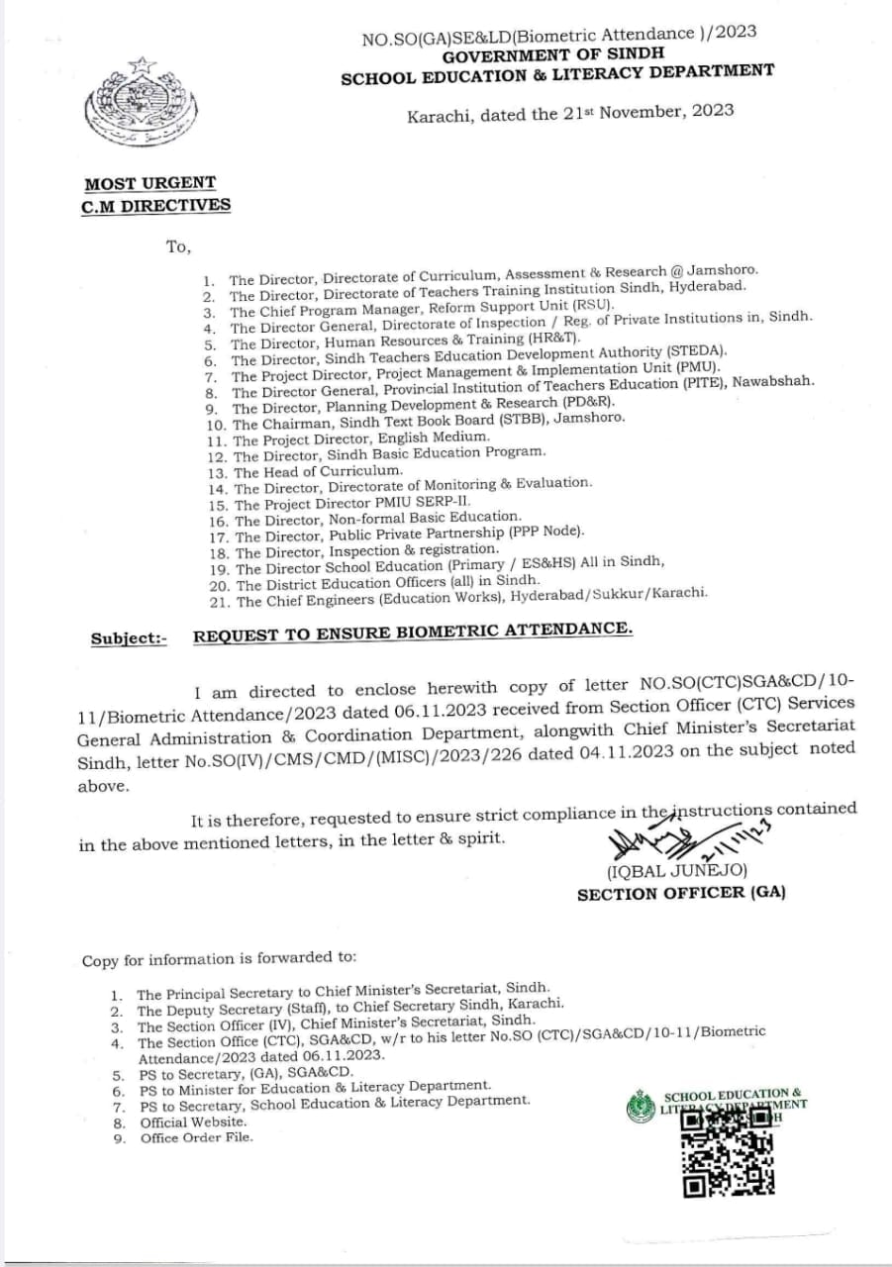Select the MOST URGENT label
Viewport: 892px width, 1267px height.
(149, 183)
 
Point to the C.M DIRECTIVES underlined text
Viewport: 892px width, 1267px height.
(156, 206)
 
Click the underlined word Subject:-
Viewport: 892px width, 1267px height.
(129, 638)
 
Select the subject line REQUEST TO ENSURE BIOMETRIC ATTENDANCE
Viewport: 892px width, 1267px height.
(413, 633)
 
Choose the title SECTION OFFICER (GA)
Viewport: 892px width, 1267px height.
(681, 893)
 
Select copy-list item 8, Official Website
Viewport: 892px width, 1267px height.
(193, 1122)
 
